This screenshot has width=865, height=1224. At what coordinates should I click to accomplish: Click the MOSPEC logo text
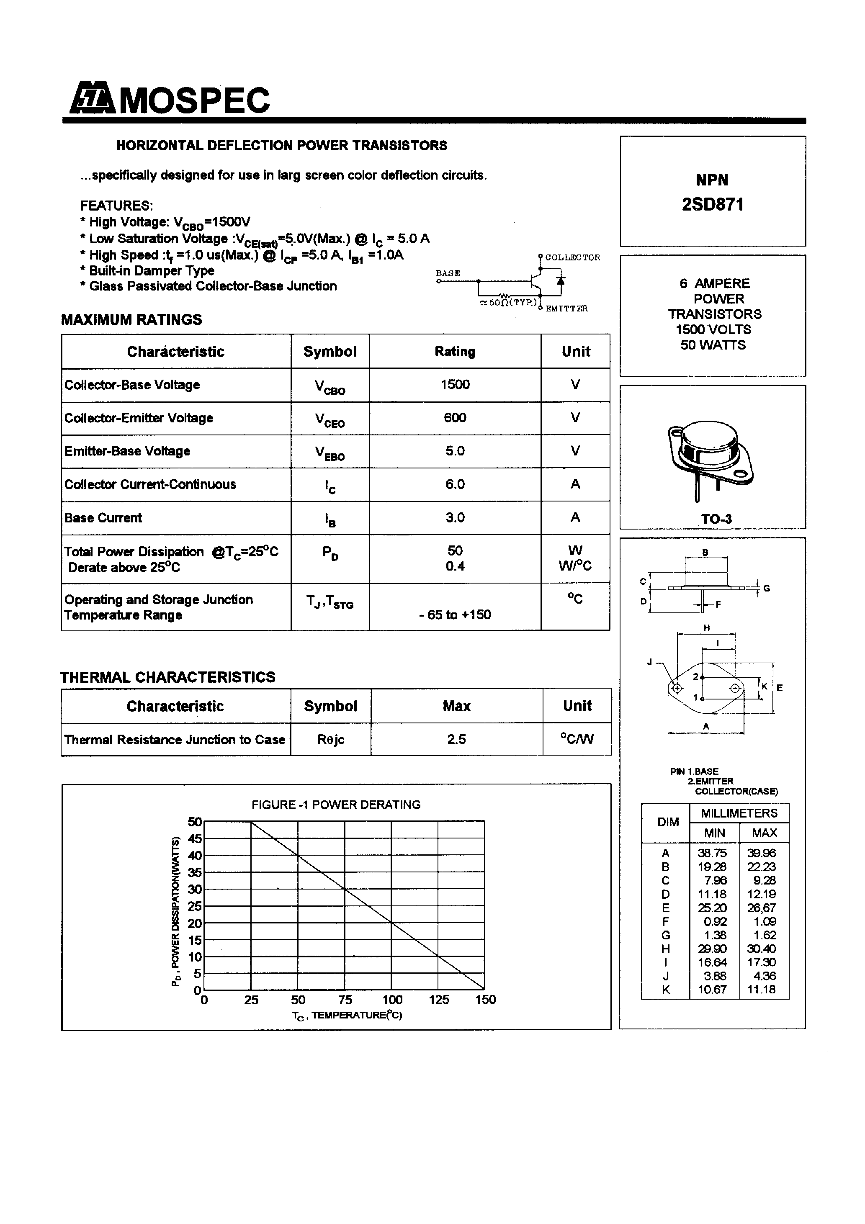[195, 100]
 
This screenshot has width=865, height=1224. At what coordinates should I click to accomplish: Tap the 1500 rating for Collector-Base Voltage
[454, 384]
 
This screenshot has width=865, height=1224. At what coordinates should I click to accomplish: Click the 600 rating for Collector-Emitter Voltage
[454, 417]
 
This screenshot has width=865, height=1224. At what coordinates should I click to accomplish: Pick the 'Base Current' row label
[103, 518]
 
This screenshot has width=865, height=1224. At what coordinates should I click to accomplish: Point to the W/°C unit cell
[575, 566]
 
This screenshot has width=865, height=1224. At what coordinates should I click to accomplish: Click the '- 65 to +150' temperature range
[454, 614]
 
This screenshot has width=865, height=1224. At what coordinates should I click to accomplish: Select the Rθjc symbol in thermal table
[331, 739]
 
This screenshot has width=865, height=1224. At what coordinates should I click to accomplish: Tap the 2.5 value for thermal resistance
[456, 739]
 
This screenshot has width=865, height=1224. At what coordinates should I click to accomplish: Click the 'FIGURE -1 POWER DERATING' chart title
[336, 805]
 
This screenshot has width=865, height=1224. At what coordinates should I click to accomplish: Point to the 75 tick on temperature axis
[345, 1000]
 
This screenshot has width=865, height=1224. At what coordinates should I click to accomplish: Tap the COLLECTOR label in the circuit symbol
[572, 257]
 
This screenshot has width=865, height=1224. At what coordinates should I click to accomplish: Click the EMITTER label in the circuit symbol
[566, 309]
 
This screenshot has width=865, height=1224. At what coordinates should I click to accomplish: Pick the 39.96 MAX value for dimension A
[761, 853]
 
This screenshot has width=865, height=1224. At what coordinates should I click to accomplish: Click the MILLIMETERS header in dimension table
[739, 813]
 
